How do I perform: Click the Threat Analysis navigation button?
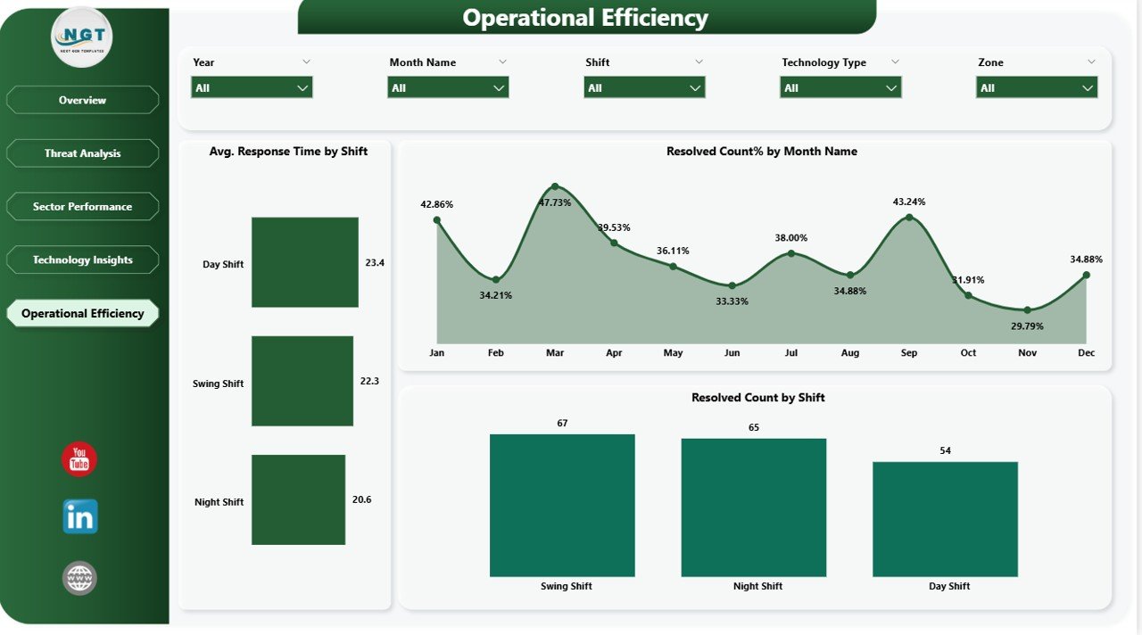[x=83, y=153]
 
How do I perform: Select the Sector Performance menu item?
[x=83, y=207]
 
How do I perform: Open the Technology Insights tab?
[x=83, y=260]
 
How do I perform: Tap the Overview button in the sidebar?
[x=83, y=100]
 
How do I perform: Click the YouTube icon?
[x=79, y=459]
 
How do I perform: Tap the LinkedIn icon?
[x=80, y=517]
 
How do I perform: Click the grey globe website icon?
[x=79, y=578]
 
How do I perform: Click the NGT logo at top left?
[x=82, y=37]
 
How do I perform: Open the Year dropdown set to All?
[x=252, y=87]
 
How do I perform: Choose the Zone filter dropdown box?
[x=1036, y=87]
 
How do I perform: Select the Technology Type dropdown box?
[x=840, y=87]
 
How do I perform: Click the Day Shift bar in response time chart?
[x=304, y=262]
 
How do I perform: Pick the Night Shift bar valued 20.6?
[x=298, y=499]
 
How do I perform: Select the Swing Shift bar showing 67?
[x=562, y=505]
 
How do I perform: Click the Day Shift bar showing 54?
[x=945, y=518]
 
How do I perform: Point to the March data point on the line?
[x=555, y=186]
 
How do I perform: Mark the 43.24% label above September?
[x=909, y=202]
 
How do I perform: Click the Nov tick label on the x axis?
[x=1027, y=353]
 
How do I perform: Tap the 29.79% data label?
[x=1027, y=326]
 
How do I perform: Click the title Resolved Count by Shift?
[x=757, y=398]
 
